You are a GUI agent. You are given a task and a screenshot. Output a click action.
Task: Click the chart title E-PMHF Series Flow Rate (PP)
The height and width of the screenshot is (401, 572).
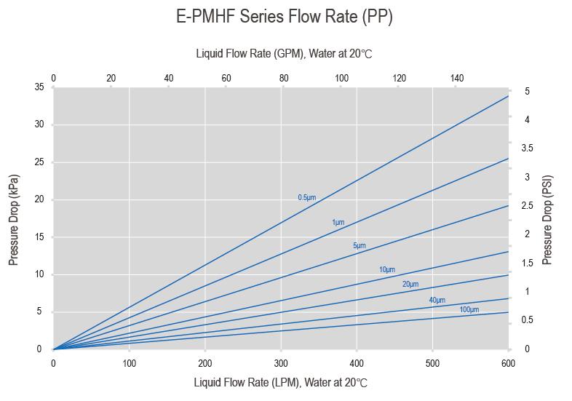(285, 17)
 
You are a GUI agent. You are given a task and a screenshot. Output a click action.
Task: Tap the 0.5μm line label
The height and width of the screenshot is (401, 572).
(306, 197)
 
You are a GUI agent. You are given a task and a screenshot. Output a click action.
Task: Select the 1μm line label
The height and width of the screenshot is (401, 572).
(338, 222)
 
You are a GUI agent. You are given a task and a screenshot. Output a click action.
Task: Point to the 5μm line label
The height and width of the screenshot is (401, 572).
(359, 246)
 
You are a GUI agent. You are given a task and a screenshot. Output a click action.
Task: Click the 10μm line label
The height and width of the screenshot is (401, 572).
(386, 270)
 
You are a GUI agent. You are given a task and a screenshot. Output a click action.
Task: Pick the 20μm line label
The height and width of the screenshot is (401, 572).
(410, 284)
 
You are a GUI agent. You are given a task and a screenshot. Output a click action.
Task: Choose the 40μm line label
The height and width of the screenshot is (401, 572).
(437, 300)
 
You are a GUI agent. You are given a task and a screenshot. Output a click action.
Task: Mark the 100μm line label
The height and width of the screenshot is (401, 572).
(469, 310)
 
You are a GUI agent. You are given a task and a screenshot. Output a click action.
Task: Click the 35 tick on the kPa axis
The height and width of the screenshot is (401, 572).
(39, 87)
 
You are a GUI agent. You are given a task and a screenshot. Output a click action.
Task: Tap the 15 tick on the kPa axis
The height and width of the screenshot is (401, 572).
(39, 237)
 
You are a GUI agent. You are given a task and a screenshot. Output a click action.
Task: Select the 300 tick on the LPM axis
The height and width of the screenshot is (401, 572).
(281, 362)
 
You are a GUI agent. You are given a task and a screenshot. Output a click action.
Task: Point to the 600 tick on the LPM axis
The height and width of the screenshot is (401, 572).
(509, 362)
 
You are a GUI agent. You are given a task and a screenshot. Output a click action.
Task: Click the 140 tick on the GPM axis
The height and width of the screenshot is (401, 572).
(456, 79)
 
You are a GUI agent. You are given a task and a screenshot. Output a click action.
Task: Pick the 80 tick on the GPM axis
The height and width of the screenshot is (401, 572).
(283, 79)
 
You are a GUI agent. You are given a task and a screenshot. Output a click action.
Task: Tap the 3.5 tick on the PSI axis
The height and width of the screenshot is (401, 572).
(527, 148)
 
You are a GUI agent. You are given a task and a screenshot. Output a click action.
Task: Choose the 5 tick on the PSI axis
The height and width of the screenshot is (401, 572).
(527, 91)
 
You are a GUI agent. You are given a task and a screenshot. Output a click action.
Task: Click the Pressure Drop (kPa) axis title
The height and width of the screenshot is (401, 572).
(13, 219)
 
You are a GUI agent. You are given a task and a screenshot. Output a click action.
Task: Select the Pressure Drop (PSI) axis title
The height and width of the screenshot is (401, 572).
(548, 219)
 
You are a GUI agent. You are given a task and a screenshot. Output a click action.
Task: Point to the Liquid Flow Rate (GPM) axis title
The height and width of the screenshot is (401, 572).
(285, 54)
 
